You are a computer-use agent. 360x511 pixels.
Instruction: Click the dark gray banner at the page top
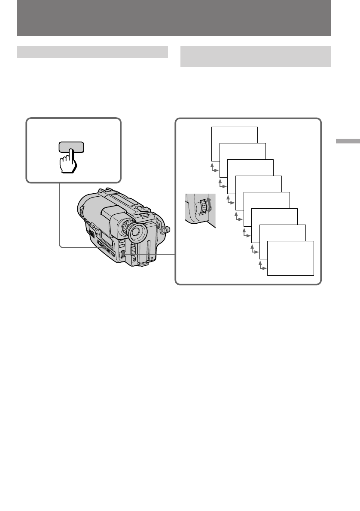click(174, 18)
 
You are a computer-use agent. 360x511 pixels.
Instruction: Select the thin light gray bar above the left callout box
click(92, 52)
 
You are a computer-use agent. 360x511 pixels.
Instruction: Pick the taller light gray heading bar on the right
click(256, 56)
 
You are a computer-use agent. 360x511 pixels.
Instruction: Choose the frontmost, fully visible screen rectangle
click(290, 258)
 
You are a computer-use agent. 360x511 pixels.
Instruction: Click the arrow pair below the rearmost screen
click(214, 167)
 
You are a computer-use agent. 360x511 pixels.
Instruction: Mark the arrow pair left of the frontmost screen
click(261, 266)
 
